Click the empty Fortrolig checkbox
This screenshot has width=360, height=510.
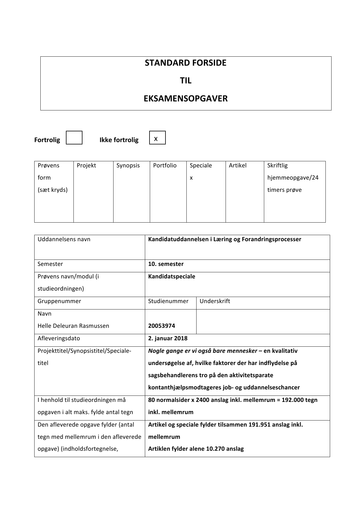click(x=74, y=138)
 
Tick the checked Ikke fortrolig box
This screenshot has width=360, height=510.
click(x=157, y=138)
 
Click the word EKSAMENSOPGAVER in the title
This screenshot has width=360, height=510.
click(x=186, y=99)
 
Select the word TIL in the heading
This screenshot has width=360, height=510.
click(x=186, y=80)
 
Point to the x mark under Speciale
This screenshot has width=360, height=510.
click(x=191, y=178)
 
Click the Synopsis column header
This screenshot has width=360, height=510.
click(x=128, y=165)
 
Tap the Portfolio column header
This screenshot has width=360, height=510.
click(x=165, y=165)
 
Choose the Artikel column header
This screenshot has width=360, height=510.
click(x=237, y=165)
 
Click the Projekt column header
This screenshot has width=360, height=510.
click(x=86, y=165)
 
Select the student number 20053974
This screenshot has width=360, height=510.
click(x=161, y=326)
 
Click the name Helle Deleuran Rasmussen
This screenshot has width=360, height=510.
click(x=73, y=326)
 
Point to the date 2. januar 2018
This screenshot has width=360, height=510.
click(x=168, y=338)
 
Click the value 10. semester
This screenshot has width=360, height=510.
click(x=165, y=264)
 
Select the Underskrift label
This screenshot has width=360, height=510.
click(x=215, y=301)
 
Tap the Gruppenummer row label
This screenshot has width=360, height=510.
click(x=59, y=301)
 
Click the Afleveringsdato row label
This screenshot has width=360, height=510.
click(x=59, y=338)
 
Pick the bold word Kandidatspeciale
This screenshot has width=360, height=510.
click(x=171, y=276)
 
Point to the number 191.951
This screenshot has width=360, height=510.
click(x=261, y=425)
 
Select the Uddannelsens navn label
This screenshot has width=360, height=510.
click(x=64, y=239)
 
